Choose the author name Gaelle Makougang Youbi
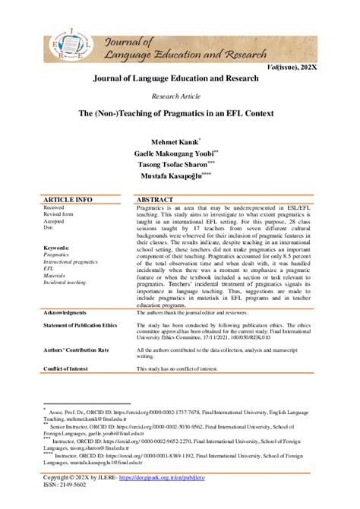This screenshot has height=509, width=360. click(176, 153)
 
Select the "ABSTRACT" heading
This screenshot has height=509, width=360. click(155, 199)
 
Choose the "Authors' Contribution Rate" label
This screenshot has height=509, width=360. click(77, 349)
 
